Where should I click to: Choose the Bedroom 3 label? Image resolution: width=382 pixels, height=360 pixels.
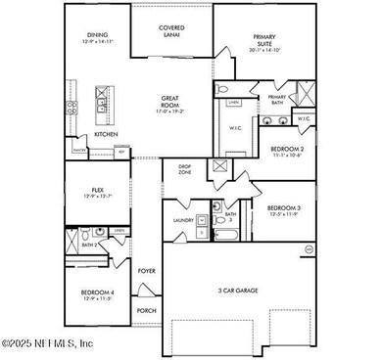coord(284,207)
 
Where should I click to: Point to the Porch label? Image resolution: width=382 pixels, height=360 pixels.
coord(146,311)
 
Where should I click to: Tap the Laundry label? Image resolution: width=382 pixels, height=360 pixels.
coord(183,221)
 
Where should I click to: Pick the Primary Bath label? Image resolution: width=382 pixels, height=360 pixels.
coord(276,98)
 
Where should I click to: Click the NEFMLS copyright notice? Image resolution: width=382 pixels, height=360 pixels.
coord(48,343)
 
